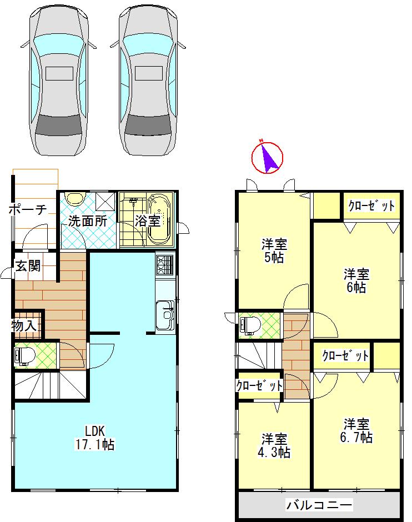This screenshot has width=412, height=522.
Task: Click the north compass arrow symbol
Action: click(268, 157)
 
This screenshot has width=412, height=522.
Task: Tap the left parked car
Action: click(59, 81)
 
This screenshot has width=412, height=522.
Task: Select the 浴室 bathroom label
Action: click(148, 220)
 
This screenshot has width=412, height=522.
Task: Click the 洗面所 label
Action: click(88, 220)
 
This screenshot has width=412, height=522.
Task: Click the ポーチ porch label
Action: click(28, 209)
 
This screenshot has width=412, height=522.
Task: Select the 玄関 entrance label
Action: click(27, 266)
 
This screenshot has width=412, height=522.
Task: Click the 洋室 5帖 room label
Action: click(274, 250)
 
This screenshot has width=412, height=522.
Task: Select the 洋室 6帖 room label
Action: click(356, 280)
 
